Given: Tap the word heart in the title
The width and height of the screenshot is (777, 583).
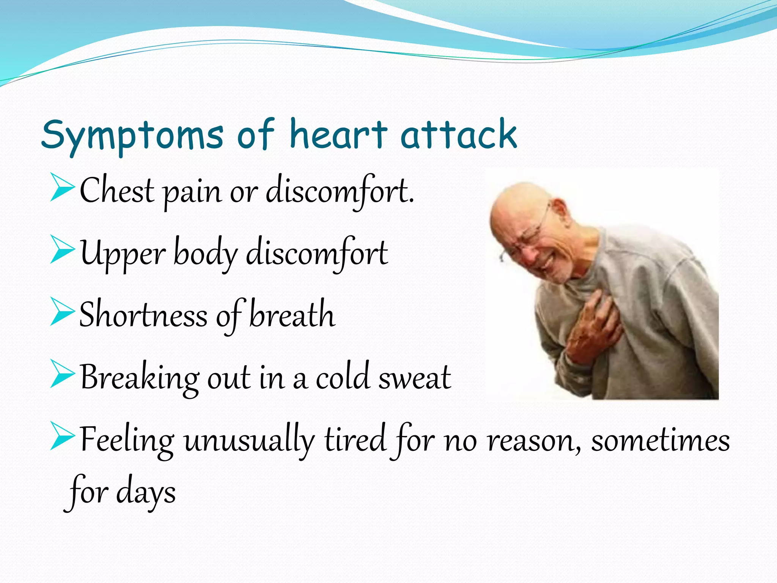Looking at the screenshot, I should (338, 134).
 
